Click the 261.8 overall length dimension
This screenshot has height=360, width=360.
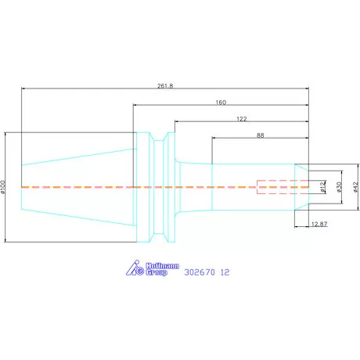click(165, 86)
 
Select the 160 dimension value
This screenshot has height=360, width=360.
click(221, 103)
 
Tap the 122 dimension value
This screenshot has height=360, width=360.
click(242, 119)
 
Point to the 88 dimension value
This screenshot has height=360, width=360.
click(260, 135)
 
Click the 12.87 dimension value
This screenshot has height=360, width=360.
click(319, 224)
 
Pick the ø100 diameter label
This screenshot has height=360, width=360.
click(3, 187)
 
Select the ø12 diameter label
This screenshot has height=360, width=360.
click(323, 187)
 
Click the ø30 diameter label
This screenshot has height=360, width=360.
click(339, 187)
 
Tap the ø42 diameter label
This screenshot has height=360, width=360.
click(356, 187)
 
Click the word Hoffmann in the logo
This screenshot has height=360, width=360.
click(162, 266)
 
